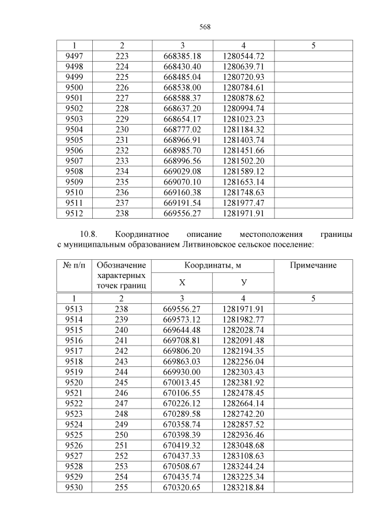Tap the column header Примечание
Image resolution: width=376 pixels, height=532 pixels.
[x=313, y=266]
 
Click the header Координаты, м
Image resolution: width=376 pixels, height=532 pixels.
[x=212, y=266]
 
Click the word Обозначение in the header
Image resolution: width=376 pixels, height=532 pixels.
[x=122, y=266]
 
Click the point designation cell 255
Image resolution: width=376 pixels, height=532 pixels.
[x=122, y=488]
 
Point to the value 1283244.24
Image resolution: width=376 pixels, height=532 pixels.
[x=243, y=466]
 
